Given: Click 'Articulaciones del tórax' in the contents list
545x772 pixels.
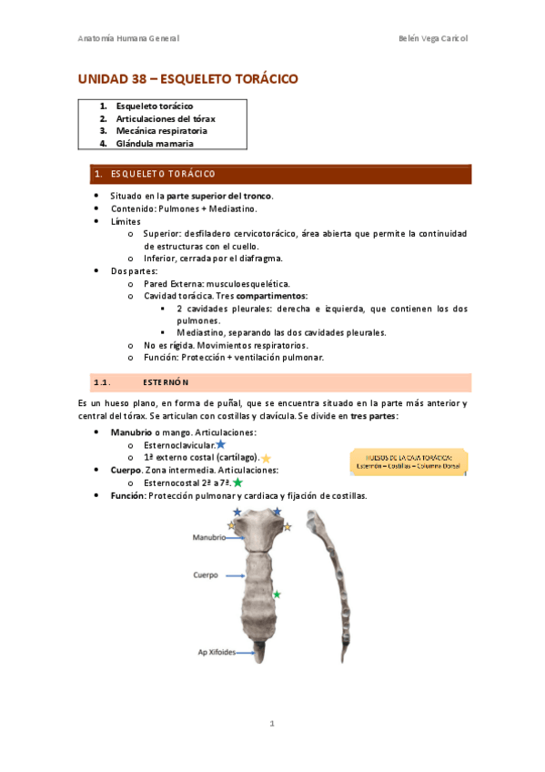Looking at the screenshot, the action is point(165,118).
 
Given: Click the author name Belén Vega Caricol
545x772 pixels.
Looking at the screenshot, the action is point(433,38).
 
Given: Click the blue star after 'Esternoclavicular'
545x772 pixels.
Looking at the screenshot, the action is point(220,444).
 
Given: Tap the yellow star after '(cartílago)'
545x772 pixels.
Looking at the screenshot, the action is point(266,458).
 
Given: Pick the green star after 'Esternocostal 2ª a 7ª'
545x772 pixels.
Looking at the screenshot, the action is point(237,482).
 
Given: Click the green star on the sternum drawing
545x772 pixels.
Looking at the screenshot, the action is point(277,594).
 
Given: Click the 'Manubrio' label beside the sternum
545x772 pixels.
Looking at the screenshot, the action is point(208,538).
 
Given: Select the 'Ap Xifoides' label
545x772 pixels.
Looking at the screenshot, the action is point(217,652).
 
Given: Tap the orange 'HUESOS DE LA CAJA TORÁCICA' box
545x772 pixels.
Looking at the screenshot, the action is point(408,461).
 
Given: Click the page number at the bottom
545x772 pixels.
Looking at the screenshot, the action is point(271,725).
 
